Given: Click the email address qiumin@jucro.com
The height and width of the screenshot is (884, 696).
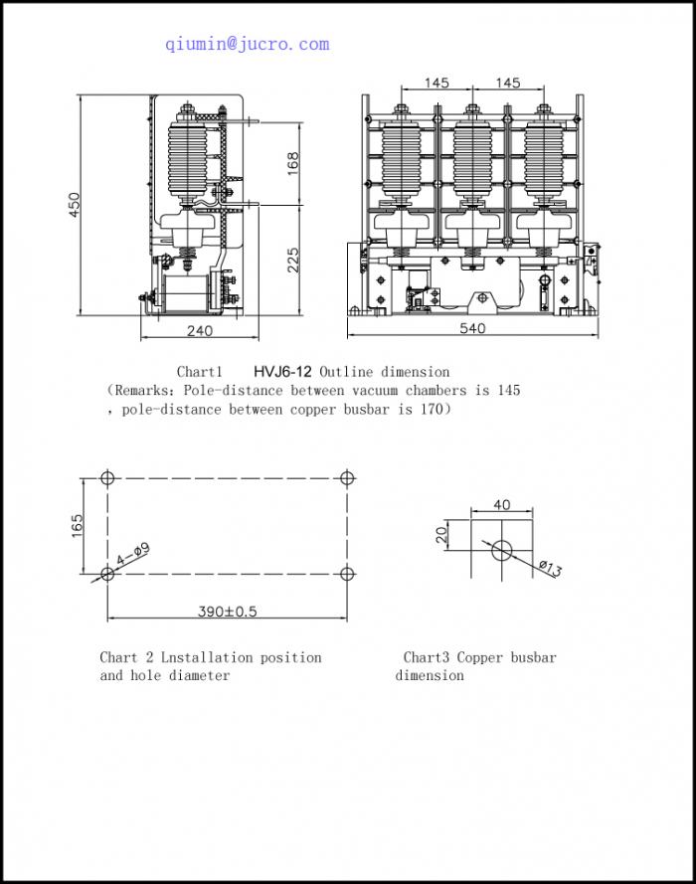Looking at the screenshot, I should point(247,44).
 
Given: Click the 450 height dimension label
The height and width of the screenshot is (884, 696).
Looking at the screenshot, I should point(75,205).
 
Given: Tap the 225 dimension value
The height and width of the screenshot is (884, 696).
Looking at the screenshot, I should point(293,260).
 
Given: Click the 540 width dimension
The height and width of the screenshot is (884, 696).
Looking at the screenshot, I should point(473,328).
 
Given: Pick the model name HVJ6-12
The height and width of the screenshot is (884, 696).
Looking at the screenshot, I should point(282,372).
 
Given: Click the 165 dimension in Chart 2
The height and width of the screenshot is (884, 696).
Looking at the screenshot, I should point(76,526).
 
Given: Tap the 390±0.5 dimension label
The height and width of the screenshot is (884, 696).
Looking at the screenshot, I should point(227,612).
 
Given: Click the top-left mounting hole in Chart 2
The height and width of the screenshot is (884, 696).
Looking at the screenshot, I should point(108,477).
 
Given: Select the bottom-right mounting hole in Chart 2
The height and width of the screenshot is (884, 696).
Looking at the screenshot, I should point(346,574).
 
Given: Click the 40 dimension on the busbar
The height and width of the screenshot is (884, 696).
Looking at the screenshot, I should point(501,505).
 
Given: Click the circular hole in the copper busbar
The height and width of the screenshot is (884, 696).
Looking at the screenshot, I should point(501,548).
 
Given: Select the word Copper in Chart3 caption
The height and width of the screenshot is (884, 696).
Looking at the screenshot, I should point(480,657).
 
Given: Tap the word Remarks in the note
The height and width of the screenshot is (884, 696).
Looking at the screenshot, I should point(146,390).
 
